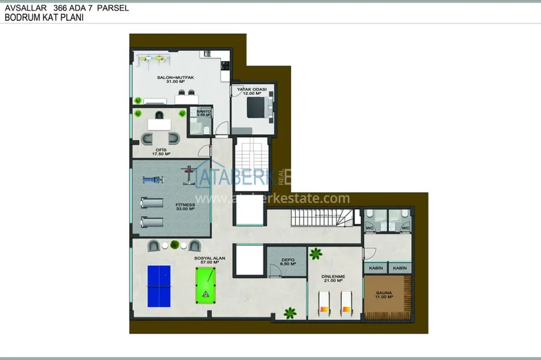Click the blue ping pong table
pos(159,286)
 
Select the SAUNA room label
pos(383,294)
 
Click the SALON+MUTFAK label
pos(176,78)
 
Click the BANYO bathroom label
pos(204,113)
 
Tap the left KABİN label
pos(376,268)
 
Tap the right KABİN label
pos(400,268)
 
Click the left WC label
pos(370,228)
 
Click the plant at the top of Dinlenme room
pos(316,254)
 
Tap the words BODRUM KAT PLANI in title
pos(44,18)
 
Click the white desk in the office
pos(160,124)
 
